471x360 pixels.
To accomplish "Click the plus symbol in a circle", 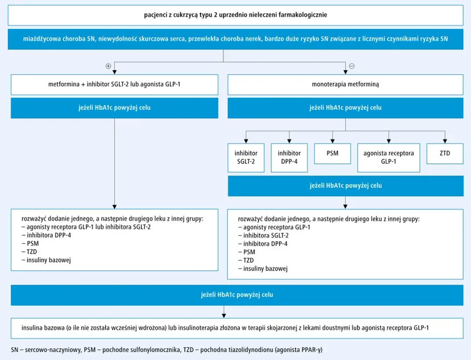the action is (x=108, y=66).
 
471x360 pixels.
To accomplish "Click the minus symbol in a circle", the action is (x=352, y=66).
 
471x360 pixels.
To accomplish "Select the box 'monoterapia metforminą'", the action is (x=345, y=85).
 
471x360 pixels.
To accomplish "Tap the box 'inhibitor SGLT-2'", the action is (x=246, y=158).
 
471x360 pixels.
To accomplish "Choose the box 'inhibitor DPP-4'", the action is (x=289, y=158).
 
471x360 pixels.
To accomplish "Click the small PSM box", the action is (x=332, y=154).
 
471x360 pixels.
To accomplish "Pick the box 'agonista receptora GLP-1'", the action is (x=389, y=158).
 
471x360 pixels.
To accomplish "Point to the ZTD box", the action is (x=445, y=154).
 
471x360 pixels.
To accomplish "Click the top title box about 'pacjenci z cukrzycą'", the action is (x=235, y=15).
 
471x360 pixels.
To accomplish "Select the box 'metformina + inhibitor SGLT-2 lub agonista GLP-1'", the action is (x=114, y=85).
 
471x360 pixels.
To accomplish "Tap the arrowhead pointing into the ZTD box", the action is (x=445, y=141).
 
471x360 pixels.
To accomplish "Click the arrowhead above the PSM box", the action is (x=332, y=141).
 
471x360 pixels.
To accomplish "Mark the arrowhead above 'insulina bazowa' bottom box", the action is (x=224, y=316).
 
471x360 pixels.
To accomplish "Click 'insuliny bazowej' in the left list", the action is (x=49, y=260).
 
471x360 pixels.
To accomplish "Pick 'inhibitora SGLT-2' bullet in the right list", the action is (x=266, y=235).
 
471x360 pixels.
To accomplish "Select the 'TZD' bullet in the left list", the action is (x=32, y=251).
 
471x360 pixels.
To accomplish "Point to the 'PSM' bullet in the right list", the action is (x=249, y=252).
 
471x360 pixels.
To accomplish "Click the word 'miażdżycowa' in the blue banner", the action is (x=41, y=39).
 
